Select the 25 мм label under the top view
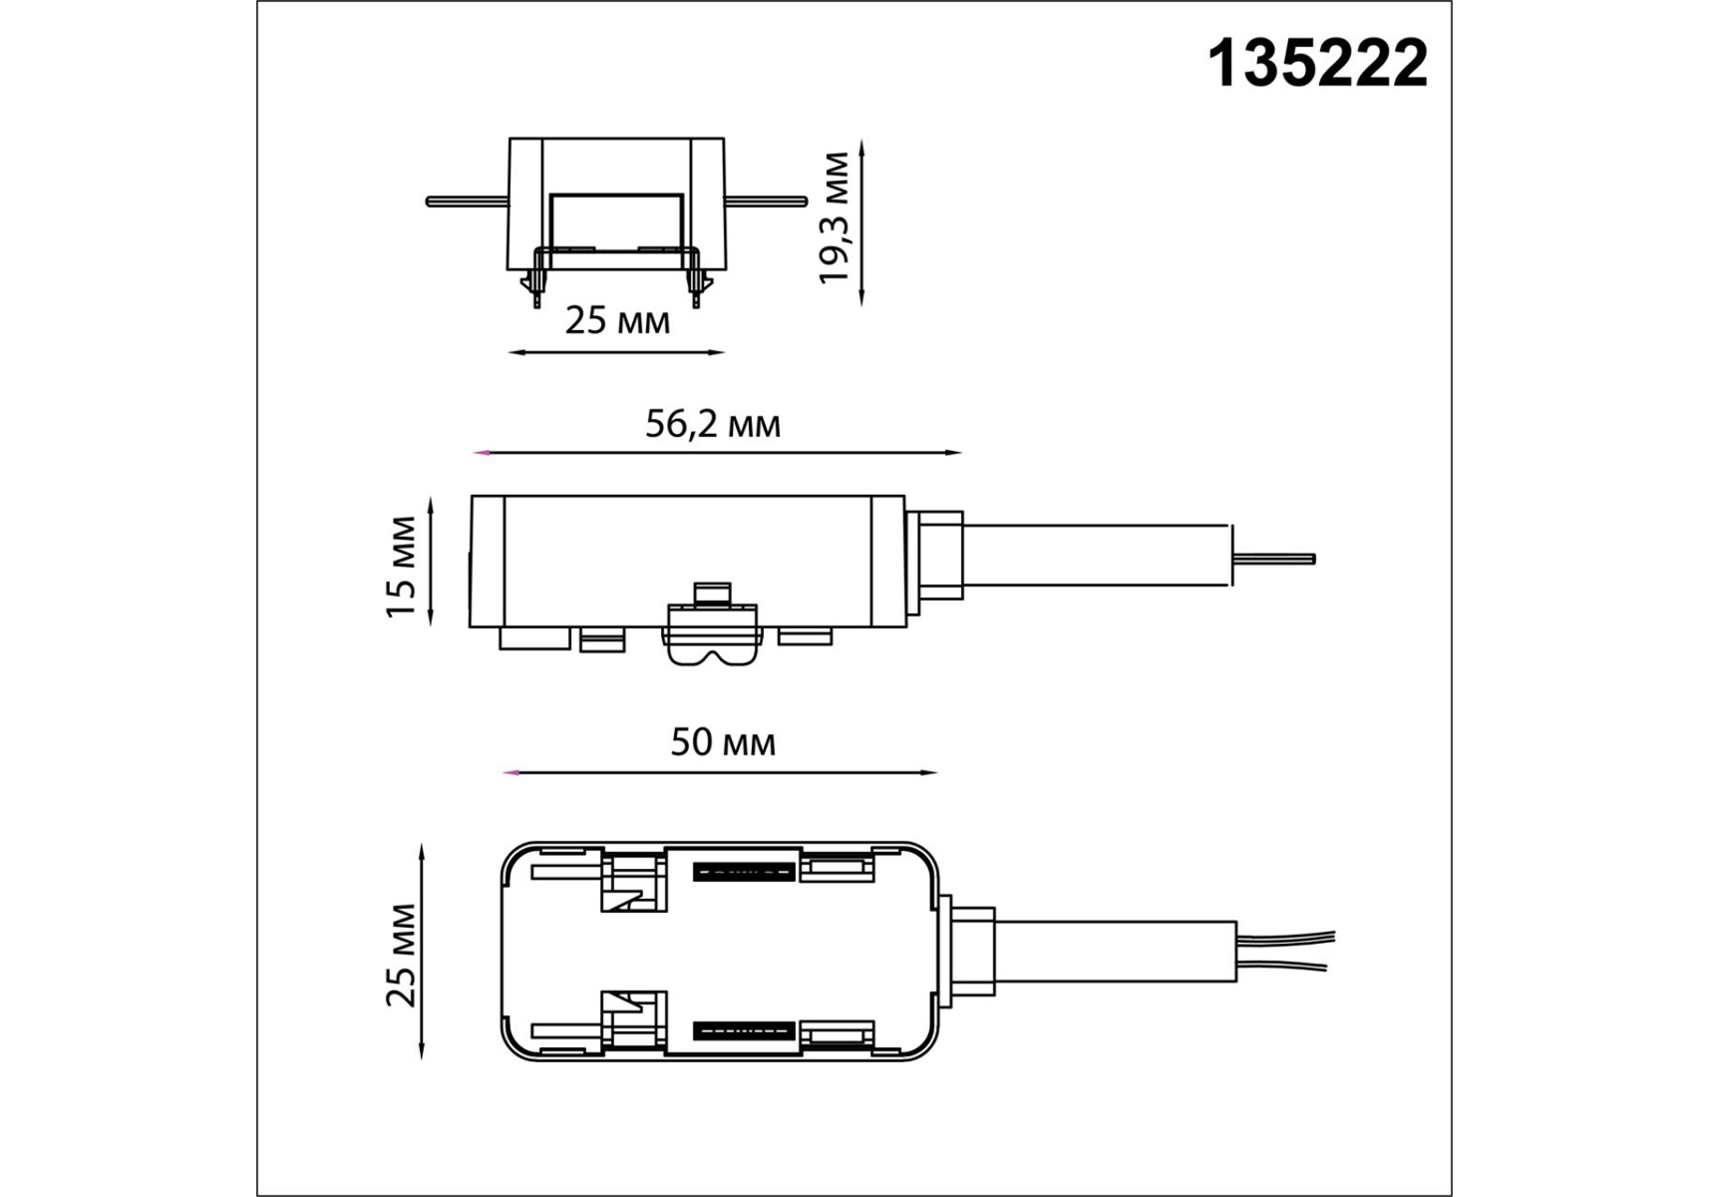(617, 321)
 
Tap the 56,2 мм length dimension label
(713, 425)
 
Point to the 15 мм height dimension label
(401, 567)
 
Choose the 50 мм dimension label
(723, 743)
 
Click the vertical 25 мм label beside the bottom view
(401, 955)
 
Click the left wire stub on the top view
(468, 201)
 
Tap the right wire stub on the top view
(765, 201)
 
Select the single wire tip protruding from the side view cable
(1275, 559)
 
